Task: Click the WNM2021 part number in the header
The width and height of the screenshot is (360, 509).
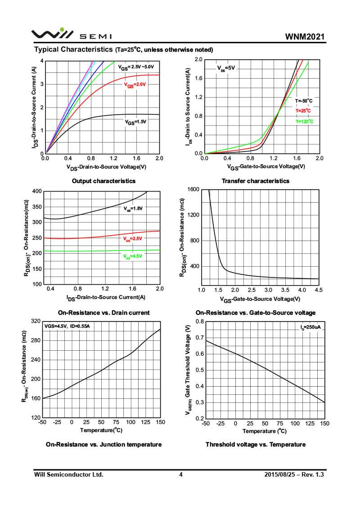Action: pyautogui.click(x=305, y=36)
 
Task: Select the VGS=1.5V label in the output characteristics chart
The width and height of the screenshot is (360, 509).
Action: pyautogui.click(x=135, y=121)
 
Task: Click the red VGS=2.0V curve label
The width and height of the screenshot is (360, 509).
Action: pyautogui.click(x=135, y=85)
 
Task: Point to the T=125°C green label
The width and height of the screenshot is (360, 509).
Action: pyautogui.click(x=304, y=121)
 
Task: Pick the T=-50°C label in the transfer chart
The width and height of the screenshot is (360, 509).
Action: pyautogui.click(x=304, y=101)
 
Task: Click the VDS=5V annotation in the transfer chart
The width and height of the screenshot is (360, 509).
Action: pyautogui.click(x=226, y=68)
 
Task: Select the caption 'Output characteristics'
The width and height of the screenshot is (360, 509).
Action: pyautogui.click(x=103, y=181)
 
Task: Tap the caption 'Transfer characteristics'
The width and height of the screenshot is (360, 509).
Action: pyautogui.click(x=256, y=181)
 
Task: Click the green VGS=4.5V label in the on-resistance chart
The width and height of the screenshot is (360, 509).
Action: pyautogui.click(x=133, y=256)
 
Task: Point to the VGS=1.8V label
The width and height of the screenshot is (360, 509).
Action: pyautogui.click(x=133, y=209)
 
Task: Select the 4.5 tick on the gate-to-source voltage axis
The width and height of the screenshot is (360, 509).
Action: pyautogui.click(x=319, y=290)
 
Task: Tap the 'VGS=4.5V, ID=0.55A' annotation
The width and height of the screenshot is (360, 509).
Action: pyautogui.click(x=67, y=326)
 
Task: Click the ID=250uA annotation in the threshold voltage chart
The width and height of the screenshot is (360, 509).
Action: pyautogui.click(x=310, y=327)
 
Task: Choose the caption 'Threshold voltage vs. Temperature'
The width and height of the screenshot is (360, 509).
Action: pyautogui.click(x=256, y=445)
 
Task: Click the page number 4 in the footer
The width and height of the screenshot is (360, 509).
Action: pyautogui.click(x=180, y=474)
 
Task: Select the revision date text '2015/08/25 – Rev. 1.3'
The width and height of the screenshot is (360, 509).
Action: pyautogui.click(x=294, y=474)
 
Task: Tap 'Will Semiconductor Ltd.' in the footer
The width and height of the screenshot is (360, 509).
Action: pyautogui.click(x=69, y=474)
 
